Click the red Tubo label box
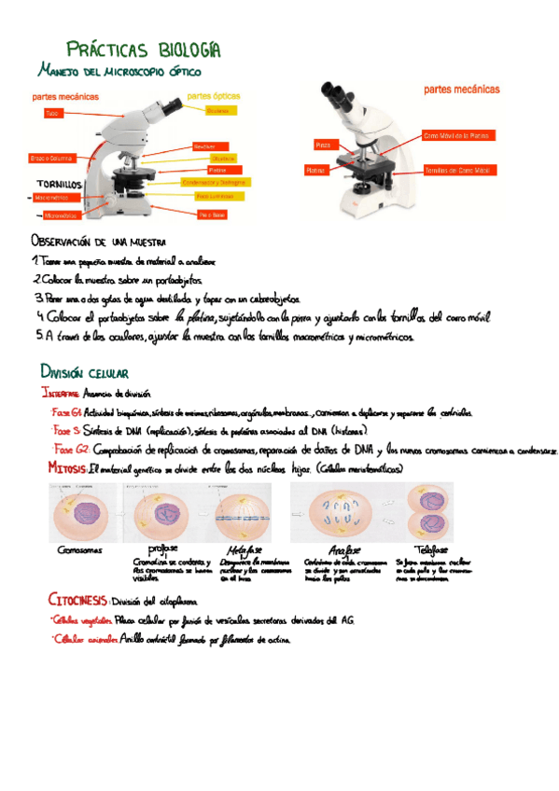[53, 113]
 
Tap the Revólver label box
[204, 147]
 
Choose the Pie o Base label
[213, 215]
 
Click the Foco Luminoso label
[215, 197]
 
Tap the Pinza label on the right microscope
[323, 146]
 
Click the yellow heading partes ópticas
[214, 94]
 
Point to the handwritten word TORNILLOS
[60, 185]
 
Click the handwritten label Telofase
[429, 549]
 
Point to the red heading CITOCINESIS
[77, 599]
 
